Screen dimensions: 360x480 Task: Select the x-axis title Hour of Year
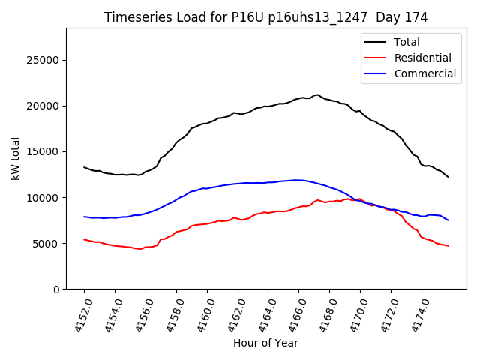(265, 343)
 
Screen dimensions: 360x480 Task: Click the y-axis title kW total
(15, 158)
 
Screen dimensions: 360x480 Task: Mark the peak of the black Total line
(317, 95)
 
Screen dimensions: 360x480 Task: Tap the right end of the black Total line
(448, 177)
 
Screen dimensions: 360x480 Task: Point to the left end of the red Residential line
(84, 239)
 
